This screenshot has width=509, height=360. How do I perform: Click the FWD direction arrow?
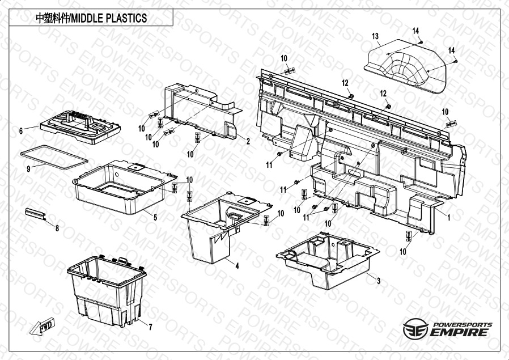pyautogui.click(x=43, y=326)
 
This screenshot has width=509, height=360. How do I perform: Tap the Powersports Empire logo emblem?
pyautogui.click(x=415, y=328)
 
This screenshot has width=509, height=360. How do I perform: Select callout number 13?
pyautogui.click(x=375, y=36)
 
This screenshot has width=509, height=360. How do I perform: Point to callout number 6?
pyautogui.click(x=21, y=131)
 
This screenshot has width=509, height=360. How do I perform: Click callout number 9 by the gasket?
pyautogui.click(x=28, y=169)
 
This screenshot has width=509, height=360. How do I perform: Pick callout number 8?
pyautogui.click(x=57, y=228)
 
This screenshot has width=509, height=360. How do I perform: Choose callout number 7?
pyautogui.click(x=150, y=327)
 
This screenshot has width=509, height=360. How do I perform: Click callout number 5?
pyautogui.click(x=155, y=218)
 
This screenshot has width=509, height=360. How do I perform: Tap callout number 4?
pyautogui.click(x=237, y=266)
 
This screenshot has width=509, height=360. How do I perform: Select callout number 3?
pyautogui.click(x=379, y=281)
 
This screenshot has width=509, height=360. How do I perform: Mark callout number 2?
pyautogui.click(x=248, y=142)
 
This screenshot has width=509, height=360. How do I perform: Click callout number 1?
pyautogui.click(x=449, y=218)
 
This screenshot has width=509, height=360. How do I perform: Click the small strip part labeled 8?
pyautogui.click(x=35, y=214)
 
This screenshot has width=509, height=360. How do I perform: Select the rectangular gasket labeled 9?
pyautogui.click(x=54, y=157)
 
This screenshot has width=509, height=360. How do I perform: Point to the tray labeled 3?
pyautogui.click(x=328, y=260)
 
